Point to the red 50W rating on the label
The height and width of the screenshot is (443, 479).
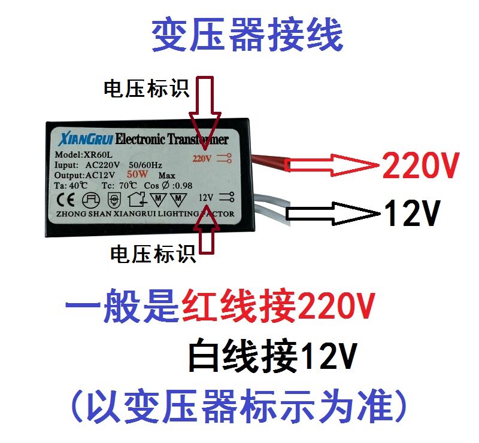(x=138, y=175)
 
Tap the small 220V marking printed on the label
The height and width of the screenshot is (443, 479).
(x=202, y=159)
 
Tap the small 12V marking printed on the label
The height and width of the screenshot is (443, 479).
(x=205, y=197)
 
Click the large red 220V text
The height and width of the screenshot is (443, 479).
(x=421, y=167)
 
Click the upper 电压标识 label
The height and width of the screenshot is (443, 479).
(x=146, y=90)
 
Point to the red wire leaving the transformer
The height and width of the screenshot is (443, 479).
(x=271, y=161)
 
